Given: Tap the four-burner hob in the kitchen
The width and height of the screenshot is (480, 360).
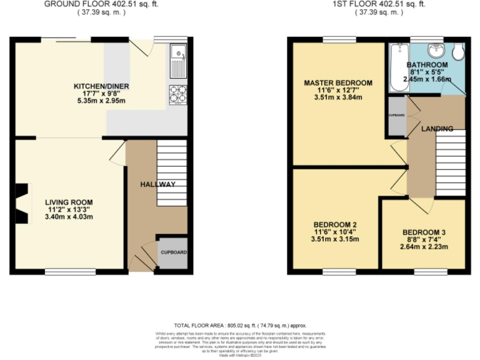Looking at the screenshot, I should click(177, 93).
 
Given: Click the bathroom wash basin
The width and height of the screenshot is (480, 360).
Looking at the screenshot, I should click(436, 49).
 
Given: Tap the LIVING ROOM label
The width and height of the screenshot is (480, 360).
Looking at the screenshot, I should click(69, 202).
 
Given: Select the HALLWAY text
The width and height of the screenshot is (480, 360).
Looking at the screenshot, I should click(157, 184).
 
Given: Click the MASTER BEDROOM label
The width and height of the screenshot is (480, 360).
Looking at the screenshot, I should click(338, 82).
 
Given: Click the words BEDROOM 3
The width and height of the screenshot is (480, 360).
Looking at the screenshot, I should click(424, 232).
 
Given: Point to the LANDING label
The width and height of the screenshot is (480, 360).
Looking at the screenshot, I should click(437, 129).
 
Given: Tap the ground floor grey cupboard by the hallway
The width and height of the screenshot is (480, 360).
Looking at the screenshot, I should click(172, 253).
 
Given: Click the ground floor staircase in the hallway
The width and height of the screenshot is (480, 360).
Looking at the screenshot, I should click(171, 173).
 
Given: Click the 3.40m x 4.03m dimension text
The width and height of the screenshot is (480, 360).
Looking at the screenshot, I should click(69, 217).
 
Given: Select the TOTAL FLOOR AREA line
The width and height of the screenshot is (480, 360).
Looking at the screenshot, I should click(240, 326).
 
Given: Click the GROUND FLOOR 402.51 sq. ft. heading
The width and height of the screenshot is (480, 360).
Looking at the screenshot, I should click(101, 4).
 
